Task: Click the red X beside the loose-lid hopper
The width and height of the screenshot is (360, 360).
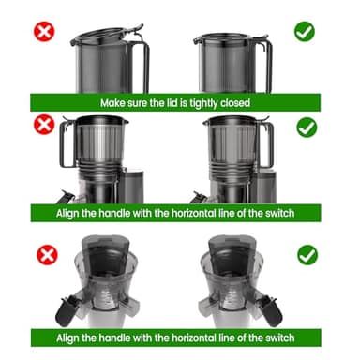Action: click(x=41, y=30)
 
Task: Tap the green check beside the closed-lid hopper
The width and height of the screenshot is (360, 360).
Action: click(x=305, y=31)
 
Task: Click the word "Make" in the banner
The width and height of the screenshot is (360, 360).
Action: click(x=114, y=101)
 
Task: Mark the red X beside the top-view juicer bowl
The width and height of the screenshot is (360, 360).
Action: click(x=41, y=254)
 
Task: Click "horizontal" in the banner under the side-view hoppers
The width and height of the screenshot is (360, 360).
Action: click(x=213, y=214)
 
